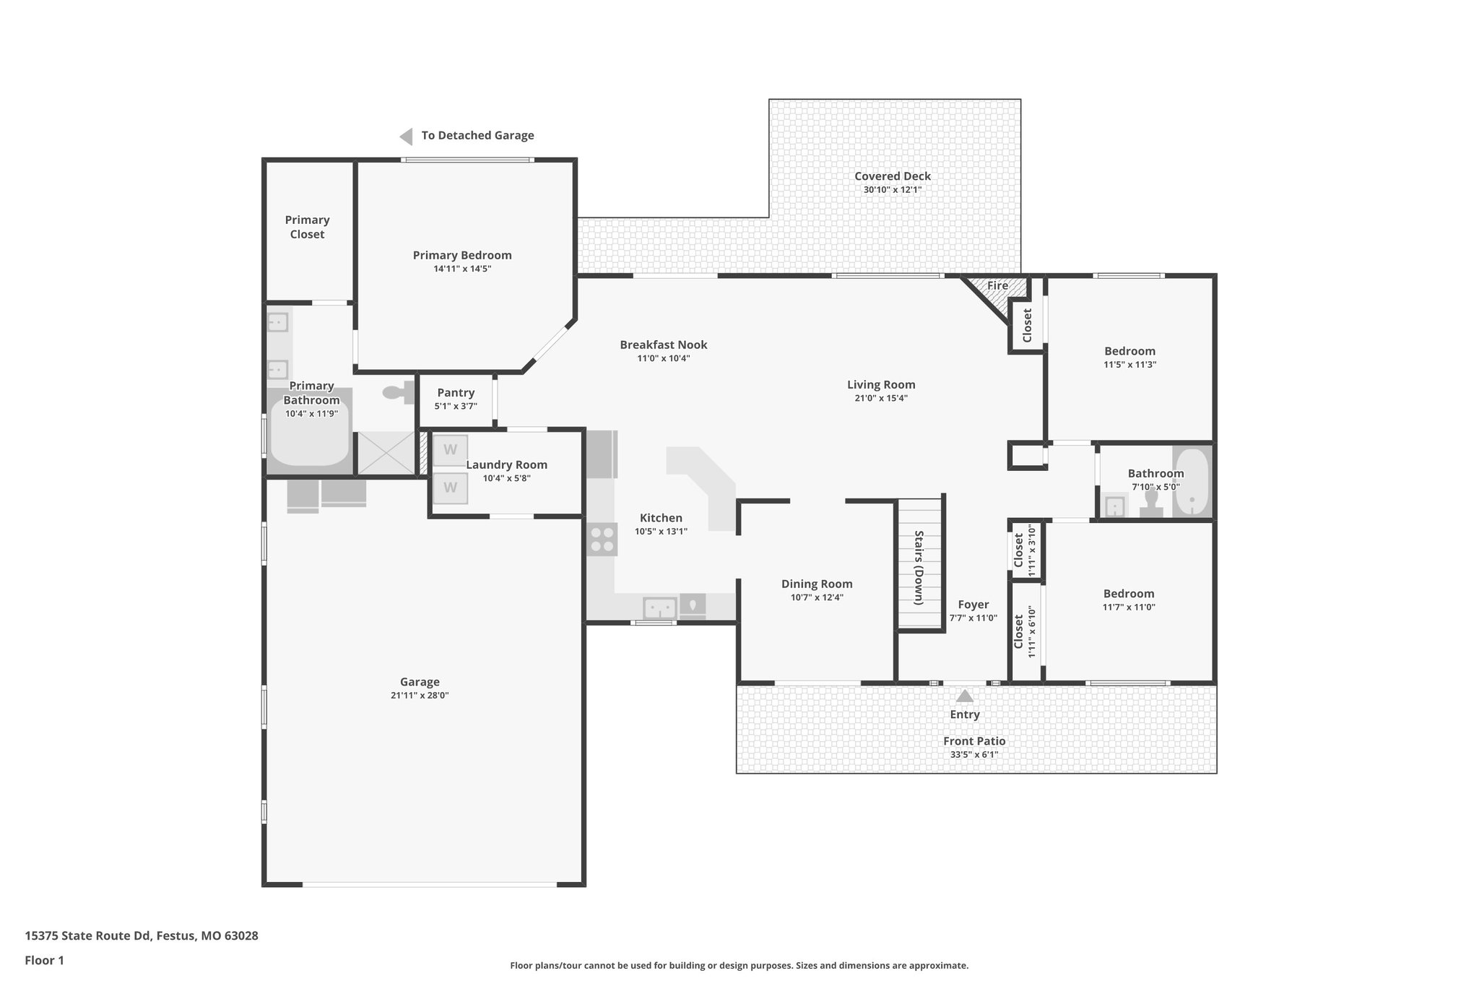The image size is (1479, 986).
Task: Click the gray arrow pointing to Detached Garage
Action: pyautogui.click(x=407, y=136)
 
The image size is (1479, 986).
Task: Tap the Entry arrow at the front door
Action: pyautogui.click(x=965, y=696)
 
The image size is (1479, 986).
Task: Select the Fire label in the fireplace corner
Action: pyautogui.click(x=997, y=285)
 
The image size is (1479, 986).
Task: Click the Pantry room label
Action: pyautogui.click(x=456, y=392)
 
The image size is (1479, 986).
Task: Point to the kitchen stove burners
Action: pyautogui.click(x=602, y=539)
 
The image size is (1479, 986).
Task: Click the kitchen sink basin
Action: pyautogui.click(x=659, y=607)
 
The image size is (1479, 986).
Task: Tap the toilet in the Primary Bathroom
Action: pyautogui.click(x=396, y=392)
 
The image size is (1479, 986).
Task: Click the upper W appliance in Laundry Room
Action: pyautogui.click(x=450, y=450)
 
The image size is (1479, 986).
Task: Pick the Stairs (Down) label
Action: pyautogui.click(x=919, y=568)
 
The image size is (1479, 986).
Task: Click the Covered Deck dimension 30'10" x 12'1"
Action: pyautogui.click(x=893, y=190)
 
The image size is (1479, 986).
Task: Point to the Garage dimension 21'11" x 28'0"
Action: pyautogui.click(x=420, y=696)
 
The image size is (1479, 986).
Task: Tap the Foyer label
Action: pyautogui.click(x=973, y=605)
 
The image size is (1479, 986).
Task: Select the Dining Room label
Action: pyautogui.click(x=817, y=584)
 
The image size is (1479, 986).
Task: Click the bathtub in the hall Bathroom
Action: pyautogui.click(x=1192, y=482)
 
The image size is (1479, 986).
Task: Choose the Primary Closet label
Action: pyautogui.click(x=307, y=227)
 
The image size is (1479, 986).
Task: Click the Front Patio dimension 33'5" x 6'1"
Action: pyautogui.click(x=974, y=755)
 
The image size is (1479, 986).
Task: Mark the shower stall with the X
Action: pyautogui.click(x=386, y=453)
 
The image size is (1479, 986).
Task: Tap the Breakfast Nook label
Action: pyautogui.click(x=663, y=345)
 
